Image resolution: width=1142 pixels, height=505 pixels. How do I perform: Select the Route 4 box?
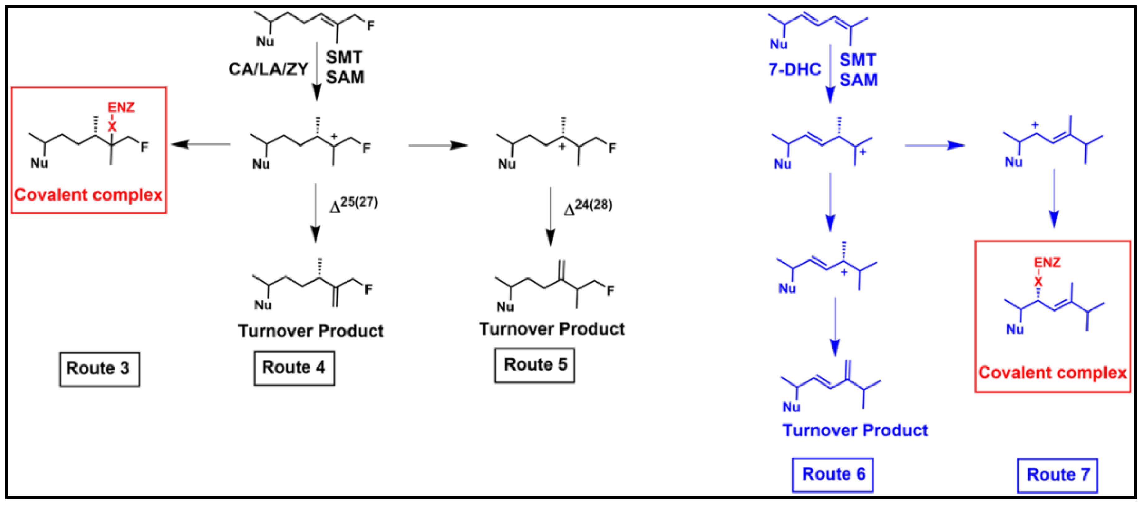[294, 368]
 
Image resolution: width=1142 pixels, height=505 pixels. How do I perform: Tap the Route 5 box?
[535, 365]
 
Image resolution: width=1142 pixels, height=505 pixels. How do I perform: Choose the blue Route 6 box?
[832, 475]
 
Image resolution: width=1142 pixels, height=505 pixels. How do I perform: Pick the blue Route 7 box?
[1057, 475]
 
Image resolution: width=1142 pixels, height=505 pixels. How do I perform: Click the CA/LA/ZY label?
[268, 70]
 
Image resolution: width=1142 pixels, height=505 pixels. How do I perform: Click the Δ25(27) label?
[354, 205]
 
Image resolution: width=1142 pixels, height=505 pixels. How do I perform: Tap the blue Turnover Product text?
[855, 431]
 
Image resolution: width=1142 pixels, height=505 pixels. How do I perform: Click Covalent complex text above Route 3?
[88, 195]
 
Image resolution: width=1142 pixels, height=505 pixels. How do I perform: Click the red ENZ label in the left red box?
[121, 108]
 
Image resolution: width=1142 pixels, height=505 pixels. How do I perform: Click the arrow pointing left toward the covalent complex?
[200, 144]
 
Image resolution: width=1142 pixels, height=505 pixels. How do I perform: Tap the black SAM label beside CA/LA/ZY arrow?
[345, 78]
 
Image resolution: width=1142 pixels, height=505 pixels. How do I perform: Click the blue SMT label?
[857, 60]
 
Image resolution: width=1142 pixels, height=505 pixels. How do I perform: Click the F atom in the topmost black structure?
[370, 26]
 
